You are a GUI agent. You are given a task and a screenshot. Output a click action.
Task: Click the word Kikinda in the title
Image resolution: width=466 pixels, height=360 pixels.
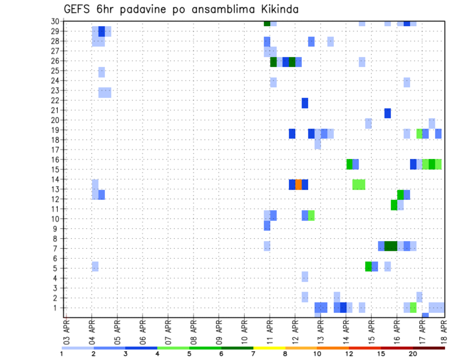pyautogui.click(x=276, y=9)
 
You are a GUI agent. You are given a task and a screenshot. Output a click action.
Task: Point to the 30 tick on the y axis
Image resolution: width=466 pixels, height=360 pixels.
pyautogui.click(x=56, y=21)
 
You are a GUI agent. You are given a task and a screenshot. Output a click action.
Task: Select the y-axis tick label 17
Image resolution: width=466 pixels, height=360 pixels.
pyautogui.click(x=56, y=150)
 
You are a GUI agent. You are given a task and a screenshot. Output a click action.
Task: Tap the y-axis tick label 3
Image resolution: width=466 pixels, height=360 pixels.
pyautogui.click(x=58, y=288)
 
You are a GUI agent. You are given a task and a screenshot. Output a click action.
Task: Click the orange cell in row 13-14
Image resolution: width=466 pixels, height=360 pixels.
pyautogui.click(x=299, y=184)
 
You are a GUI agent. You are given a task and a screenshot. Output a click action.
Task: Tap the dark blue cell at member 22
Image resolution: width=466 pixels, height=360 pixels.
pyautogui.click(x=305, y=103)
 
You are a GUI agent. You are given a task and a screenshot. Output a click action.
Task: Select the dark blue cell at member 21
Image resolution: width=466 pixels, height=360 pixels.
pyautogui.click(x=387, y=113)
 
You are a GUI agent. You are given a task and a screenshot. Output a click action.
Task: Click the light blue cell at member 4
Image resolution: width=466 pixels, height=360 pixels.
pyautogui.click(x=305, y=277)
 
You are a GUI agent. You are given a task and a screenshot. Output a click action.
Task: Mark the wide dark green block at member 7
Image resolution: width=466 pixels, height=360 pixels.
pyautogui.click(x=391, y=246)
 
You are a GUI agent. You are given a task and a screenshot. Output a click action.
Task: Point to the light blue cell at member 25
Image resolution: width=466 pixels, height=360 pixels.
pyautogui.click(x=101, y=72)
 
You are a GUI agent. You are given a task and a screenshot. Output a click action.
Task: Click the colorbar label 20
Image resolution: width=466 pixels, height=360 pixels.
pyautogui.click(x=413, y=354)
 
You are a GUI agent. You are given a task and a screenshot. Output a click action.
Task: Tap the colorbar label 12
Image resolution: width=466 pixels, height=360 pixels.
pyautogui.click(x=349, y=354)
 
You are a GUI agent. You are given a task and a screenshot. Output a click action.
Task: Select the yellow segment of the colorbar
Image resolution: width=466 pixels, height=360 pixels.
pyautogui.click(x=269, y=348)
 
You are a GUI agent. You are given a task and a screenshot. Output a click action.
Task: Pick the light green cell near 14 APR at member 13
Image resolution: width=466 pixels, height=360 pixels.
pyautogui.click(x=359, y=184)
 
